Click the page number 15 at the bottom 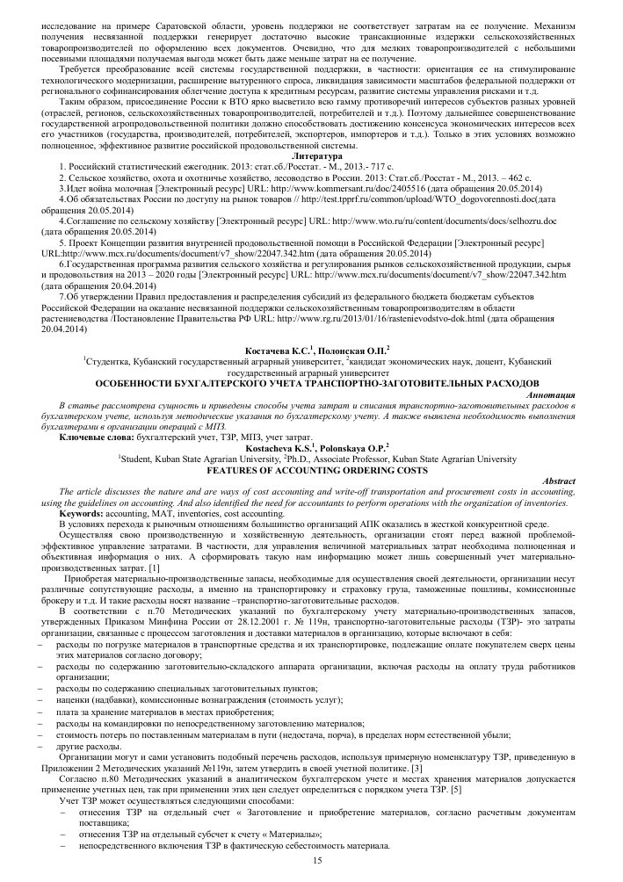click(x=319, y=863)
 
